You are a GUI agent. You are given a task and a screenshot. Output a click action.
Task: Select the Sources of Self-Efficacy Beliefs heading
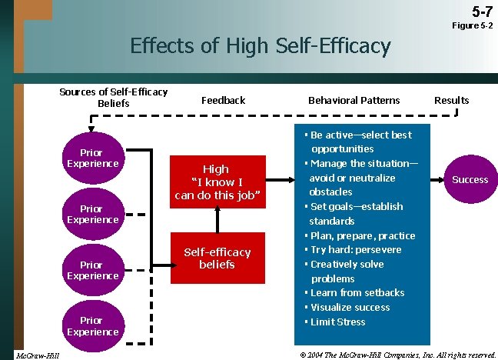tap(113, 98)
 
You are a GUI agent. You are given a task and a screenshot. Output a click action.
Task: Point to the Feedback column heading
tap(223, 100)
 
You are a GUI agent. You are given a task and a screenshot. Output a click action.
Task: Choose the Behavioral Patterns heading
tap(354, 100)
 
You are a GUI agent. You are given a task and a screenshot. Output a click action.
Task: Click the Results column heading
tap(451, 100)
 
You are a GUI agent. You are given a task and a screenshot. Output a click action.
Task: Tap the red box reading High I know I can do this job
tap(216, 182)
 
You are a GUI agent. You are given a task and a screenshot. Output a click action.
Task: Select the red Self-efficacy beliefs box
tap(217, 258)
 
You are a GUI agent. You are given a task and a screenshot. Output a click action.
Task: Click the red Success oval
tap(470, 179)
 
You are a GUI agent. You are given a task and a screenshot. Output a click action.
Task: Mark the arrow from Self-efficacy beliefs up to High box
tap(217, 220)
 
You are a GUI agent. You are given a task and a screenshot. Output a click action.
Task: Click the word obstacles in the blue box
tap(330, 192)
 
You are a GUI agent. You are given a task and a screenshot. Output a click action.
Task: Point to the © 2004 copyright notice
tap(397, 354)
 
